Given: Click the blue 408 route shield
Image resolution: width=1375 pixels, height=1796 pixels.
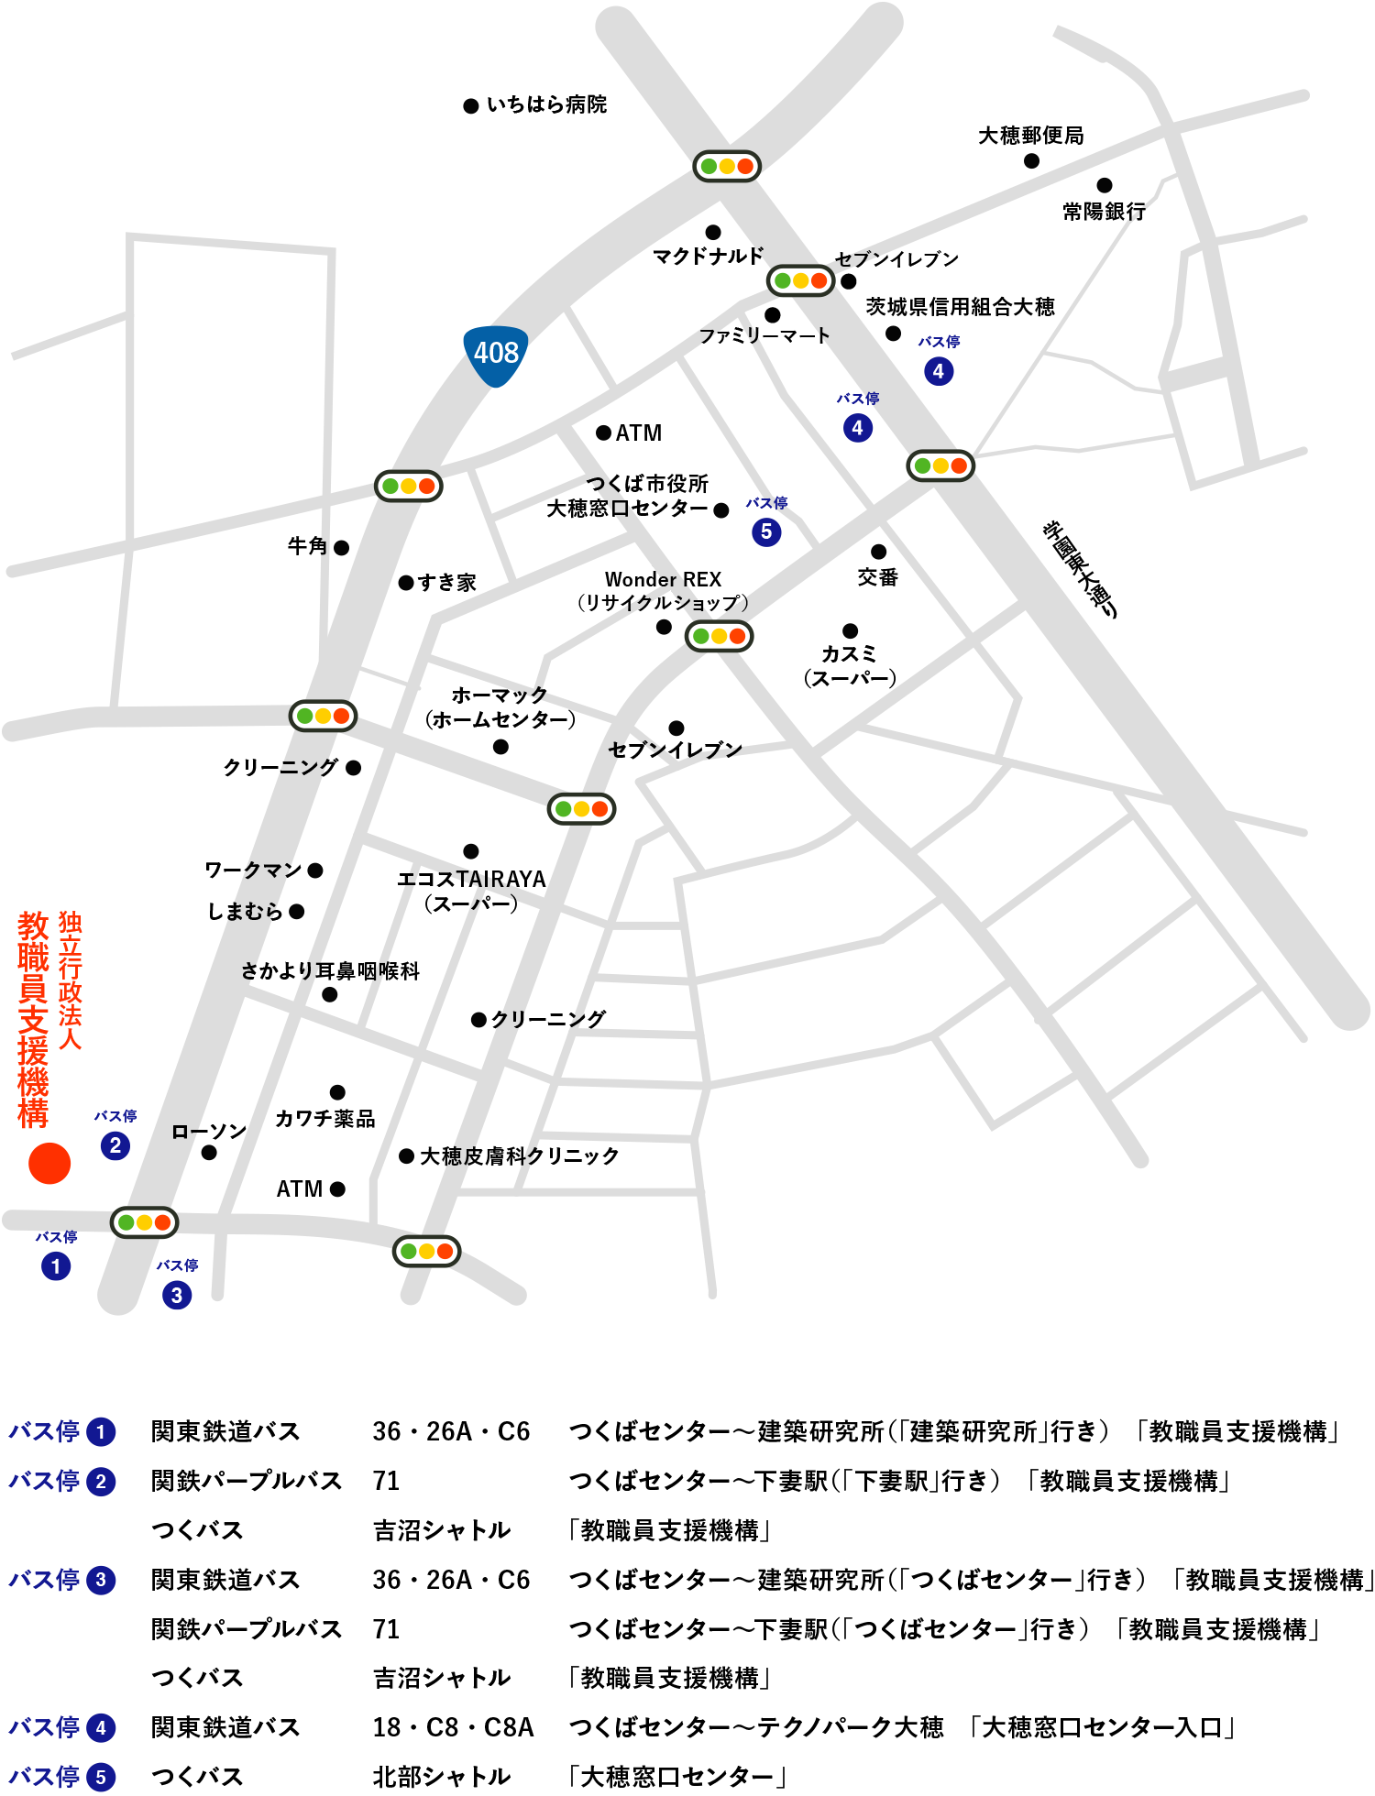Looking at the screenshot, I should (x=495, y=354).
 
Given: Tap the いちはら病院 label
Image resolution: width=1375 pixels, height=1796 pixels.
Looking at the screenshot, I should (x=546, y=104).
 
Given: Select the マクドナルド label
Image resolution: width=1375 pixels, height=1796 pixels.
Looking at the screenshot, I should (x=707, y=256).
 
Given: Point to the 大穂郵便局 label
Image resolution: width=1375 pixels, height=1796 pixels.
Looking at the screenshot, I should (x=1030, y=136).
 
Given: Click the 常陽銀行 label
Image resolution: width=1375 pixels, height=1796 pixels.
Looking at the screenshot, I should (x=1104, y=212).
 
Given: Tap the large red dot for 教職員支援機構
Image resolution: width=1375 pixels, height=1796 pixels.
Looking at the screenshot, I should (x=49, y=1163).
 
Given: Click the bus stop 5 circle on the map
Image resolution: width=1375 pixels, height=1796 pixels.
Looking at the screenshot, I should (x=766, y=531).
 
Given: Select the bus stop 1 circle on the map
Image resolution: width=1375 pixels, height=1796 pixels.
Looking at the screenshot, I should (x=56, y=1266).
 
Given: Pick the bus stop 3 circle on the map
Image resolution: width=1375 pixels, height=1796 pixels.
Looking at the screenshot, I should (x=177, y=1295).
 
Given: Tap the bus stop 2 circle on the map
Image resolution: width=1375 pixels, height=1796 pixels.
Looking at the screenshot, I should (x=115, y=1145).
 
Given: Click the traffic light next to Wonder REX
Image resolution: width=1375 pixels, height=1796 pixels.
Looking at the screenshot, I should (x=720, y=636).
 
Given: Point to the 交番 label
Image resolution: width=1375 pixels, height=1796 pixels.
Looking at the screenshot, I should (x=877, y=577).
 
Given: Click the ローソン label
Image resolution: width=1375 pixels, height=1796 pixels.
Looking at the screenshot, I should (x=209, y=1132).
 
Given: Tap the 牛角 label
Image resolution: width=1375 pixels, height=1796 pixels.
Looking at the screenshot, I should (x=307, y=546).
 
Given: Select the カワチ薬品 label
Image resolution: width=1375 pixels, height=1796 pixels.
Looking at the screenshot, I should (x=325, y=1119).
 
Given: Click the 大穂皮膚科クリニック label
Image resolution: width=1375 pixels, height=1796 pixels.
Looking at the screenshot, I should (x=519, y=1156).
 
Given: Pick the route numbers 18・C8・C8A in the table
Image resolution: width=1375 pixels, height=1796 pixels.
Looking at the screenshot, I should (x=453, y=1727).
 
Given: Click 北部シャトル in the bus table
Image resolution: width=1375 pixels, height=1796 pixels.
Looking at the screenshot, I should (x=441, y=1777).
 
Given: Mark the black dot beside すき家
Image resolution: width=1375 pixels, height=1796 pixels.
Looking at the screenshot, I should (x=406, y=583).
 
